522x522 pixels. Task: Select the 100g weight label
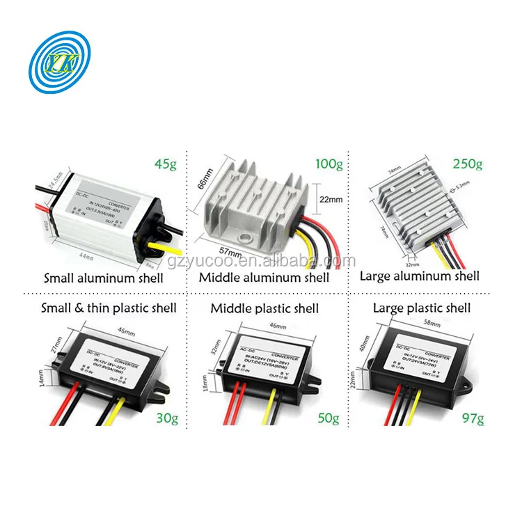pos(329,164)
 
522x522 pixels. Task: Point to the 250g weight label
pos(466,164)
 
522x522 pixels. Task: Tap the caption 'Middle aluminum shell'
pos(264,277)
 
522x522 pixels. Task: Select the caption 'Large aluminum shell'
pos(419,276)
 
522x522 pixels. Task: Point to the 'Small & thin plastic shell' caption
pos(109,308)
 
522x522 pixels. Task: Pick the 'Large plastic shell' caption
pos(421,308)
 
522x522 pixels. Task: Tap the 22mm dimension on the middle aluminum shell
pos(331,198)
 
